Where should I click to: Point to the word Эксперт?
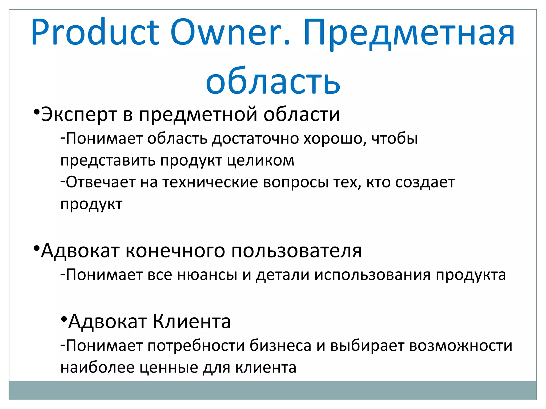click(79, 114)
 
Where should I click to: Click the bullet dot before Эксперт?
click(36, 112)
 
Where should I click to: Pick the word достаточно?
click(255, 139)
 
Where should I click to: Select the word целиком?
click(261, 161)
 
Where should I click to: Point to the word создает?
click(425, 182)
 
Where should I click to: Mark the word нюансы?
click(207, 275)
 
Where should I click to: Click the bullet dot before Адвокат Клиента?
click(63, 319)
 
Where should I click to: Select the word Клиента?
click(192, 321)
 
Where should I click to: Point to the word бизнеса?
click(280, 346)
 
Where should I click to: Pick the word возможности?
click(460, 346)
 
